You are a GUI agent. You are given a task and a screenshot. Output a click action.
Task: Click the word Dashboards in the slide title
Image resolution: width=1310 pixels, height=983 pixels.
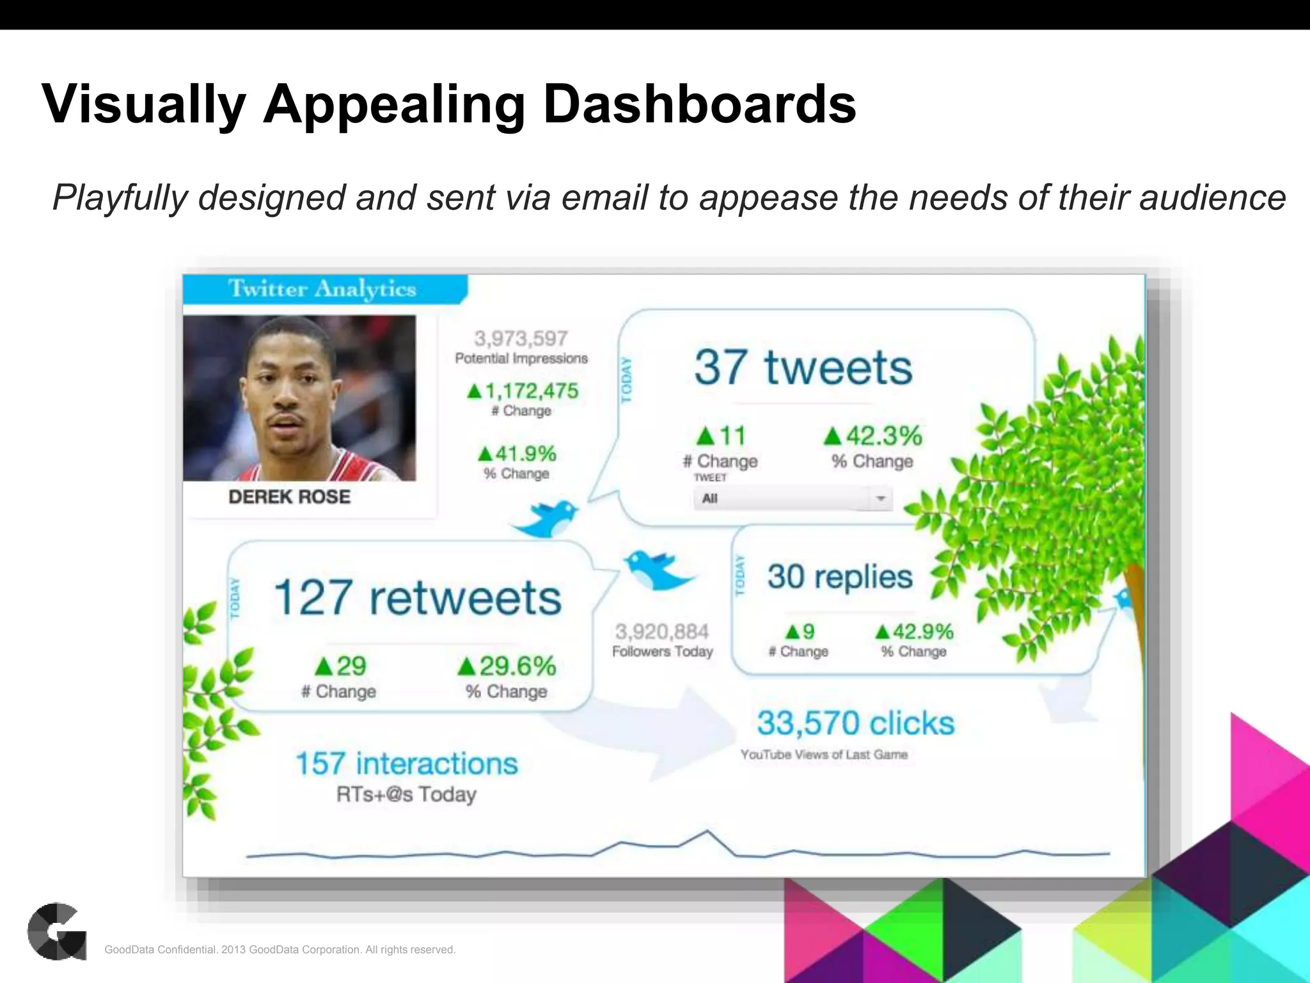point(699,104)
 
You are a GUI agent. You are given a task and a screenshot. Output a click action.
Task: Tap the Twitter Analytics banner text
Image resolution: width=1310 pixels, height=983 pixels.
point(322,289)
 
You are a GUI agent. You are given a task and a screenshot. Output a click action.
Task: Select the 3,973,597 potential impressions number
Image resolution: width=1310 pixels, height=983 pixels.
point(521,338)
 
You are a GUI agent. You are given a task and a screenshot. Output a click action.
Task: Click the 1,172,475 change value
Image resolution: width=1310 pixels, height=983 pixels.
point(531,390)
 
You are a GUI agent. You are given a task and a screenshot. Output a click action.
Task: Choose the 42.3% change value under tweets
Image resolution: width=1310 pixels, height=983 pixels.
point(883,436)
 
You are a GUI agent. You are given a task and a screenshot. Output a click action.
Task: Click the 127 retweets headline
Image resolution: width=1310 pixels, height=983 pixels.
point(418,597)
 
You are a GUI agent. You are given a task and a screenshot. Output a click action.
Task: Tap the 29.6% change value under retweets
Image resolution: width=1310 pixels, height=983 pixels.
point(516,666)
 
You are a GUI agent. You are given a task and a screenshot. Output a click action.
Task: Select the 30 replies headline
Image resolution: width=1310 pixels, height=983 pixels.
point(839,577)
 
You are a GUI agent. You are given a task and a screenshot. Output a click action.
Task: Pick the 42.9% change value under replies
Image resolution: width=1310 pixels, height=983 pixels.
point(922,632)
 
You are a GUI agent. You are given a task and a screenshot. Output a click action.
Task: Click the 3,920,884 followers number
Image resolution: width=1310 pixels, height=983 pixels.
point(662,632)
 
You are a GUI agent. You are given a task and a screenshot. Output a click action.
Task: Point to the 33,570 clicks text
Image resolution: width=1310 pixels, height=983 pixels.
point(855,723)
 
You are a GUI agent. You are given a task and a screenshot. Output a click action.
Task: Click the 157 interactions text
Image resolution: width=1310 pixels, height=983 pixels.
point(406,763)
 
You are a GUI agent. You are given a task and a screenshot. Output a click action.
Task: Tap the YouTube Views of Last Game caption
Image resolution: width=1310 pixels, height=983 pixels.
point(824,755)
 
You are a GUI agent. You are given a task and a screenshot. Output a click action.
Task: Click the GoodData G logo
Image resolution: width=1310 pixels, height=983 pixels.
point(56,931)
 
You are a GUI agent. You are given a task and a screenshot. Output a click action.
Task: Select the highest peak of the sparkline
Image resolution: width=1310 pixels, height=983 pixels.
point(707,831)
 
